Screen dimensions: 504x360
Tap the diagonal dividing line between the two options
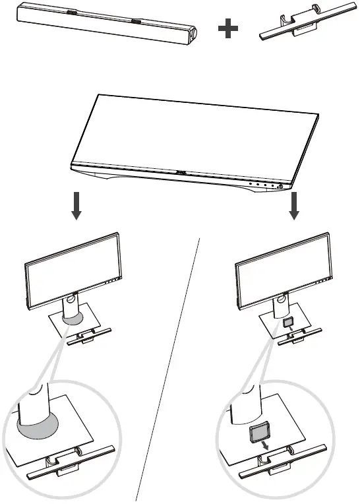(x=168, y=369)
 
